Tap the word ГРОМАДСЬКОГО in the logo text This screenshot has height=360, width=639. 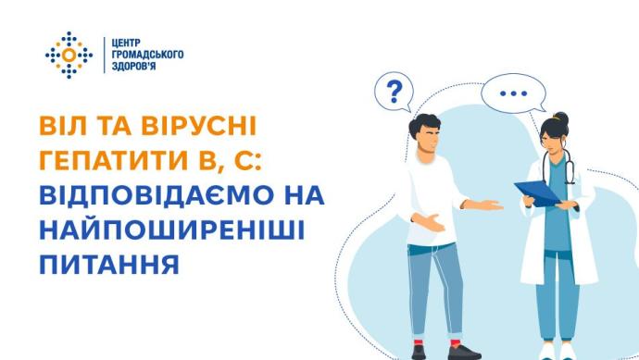pyautogui.click(x=147, y=55)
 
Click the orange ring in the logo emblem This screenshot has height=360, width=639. pyautogui.click(x=69, y=55)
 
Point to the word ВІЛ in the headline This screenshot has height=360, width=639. pyautogui.click(x=63, y=126)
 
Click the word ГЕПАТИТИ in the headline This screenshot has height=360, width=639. pyautogui.click(x=113, y=160)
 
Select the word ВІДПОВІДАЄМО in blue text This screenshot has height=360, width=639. pyautogui.click(x=157, y=195)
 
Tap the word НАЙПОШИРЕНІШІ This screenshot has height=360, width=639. pyautogui.click(x=172, y=230)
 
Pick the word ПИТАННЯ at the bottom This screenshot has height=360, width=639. pyautogui.click(x=109, y=265)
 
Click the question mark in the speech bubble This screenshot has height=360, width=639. pyautogui.click(x=395, y=92)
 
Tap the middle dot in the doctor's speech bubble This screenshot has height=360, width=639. pyautogui.click(x=513, y=93)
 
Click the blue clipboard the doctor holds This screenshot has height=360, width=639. pyautogui.click(x=537, y=193)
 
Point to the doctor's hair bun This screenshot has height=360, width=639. pyautogui.click(x=561, y=118)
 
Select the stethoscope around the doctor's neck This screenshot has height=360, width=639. pyautogui.click(x=559, y=167)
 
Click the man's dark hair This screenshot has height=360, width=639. pyautogui.click(x=424, y=124)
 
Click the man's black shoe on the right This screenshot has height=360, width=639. pyautogui.click(x=464, y=352)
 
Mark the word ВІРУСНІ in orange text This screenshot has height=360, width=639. pyautogui.click(x=199, y=126)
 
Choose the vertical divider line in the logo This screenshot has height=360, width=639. pyautogui.click(x=105, y=55)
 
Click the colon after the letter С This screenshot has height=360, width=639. pyautogui.click(x=257, y=162)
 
